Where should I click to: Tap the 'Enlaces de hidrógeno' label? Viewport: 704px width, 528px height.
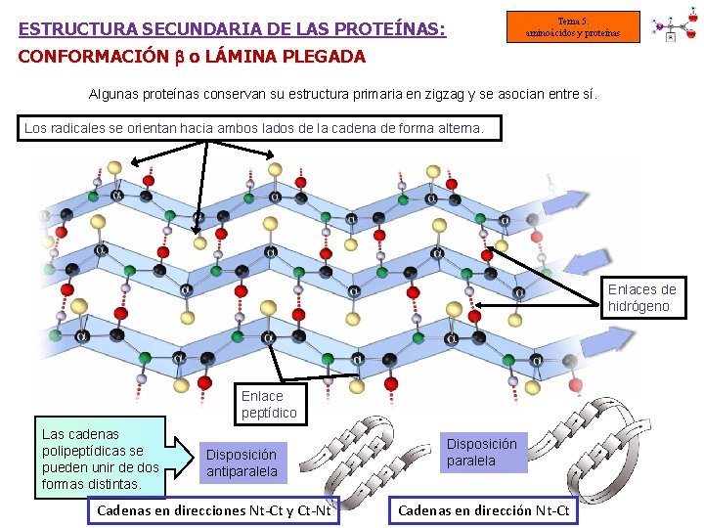[641, 297]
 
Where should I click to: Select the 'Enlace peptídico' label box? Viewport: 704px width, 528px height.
[269, 404]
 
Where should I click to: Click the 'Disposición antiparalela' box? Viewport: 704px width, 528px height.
[241, 462]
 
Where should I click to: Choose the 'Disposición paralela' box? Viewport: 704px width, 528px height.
[482, 452]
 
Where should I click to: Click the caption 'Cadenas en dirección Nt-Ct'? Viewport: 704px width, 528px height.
[484, 509]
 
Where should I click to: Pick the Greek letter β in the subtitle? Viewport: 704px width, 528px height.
[179, 57]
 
